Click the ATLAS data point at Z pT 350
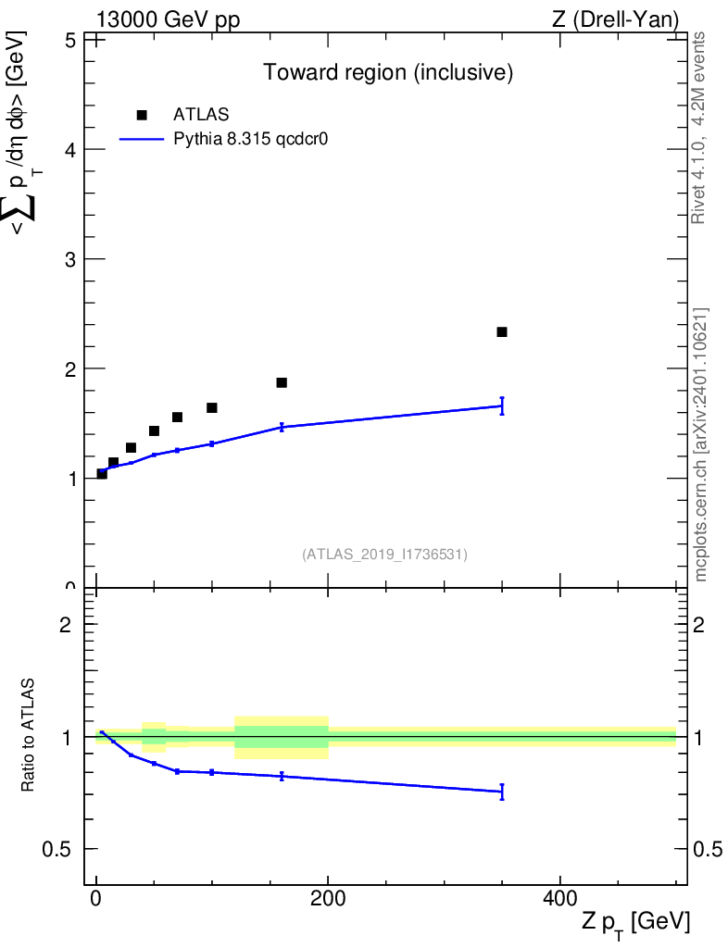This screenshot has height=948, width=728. (x=502, y=331)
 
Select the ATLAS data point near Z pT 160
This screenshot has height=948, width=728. (x=282, y=382)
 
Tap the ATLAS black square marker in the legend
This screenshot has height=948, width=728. (x=142, y=115)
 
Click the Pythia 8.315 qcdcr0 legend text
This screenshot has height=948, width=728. (x=252, y=140)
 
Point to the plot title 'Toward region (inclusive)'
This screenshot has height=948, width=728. (x=388, y=72)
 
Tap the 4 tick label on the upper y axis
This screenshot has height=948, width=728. (x=69, y=149)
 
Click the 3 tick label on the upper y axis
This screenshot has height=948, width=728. (x=69, y=258)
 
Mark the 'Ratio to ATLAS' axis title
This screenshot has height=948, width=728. (x=30, y=735)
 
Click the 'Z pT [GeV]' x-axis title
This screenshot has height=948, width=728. (x=635, y=922)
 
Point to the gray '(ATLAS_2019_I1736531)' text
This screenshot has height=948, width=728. (x=384, y=555)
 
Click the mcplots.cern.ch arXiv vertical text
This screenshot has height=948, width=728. (x=701, y=444)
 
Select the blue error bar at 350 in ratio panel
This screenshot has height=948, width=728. (x=502, y=792)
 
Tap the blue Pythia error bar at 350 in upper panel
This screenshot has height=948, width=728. (x=502, y=405)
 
